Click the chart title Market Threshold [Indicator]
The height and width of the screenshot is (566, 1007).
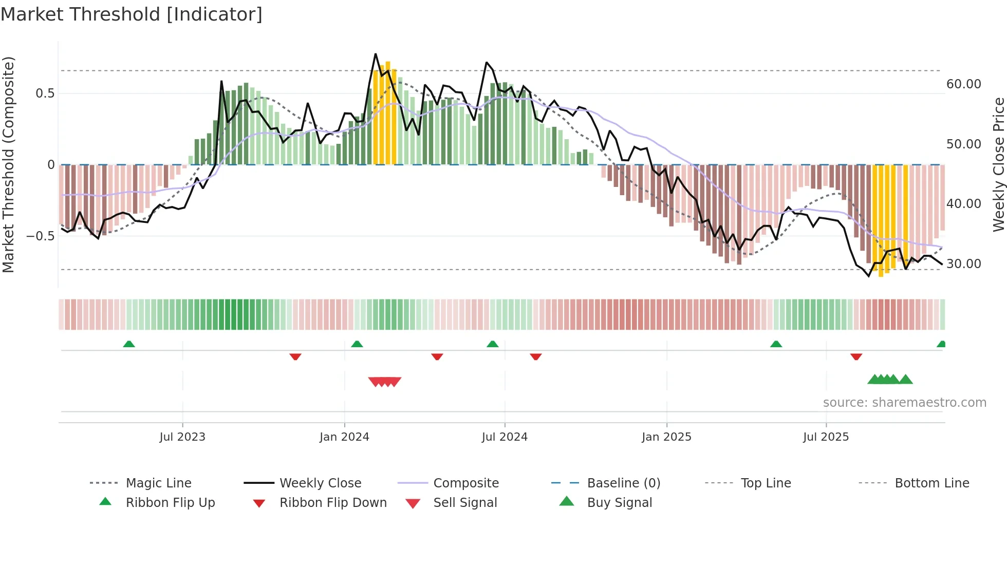132,14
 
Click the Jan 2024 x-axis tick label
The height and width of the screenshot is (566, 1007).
344,437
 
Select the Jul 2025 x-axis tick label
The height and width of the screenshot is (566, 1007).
826,437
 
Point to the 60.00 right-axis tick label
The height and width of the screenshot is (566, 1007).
963,84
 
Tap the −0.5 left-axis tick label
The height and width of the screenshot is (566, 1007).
40,236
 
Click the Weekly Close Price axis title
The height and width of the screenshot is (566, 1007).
998,164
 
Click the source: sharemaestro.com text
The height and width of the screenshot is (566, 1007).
904,402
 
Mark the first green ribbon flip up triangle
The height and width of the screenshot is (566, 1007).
129,344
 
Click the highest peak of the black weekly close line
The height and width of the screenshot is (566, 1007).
376,54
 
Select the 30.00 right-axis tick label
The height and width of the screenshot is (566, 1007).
963,263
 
